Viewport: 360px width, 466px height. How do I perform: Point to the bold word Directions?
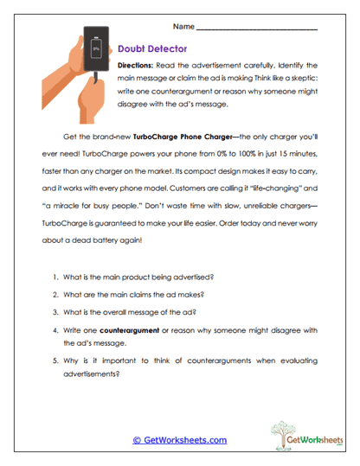pyautogui.click(x=137, y=66)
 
